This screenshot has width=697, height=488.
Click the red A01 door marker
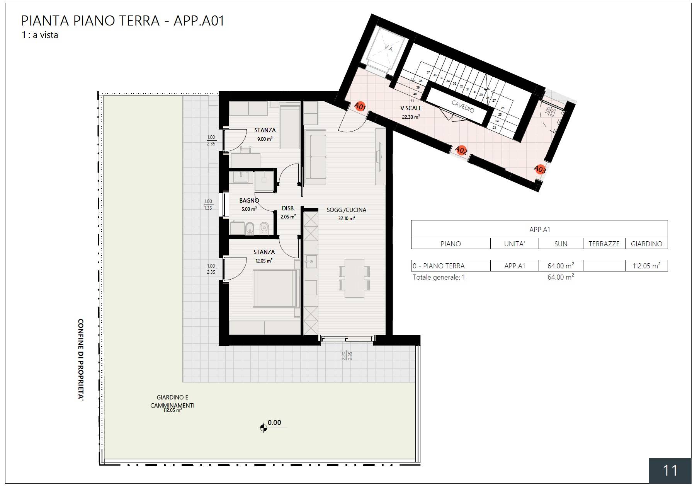click(x=360, y=106)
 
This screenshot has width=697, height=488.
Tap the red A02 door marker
click(x=461, y=150)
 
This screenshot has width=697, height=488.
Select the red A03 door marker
click(x=540, y=169)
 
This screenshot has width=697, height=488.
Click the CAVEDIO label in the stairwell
click(x=462, y=106)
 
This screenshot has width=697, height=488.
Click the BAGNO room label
click(x=249, y=200)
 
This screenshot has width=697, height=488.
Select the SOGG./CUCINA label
click(x=346, y=210)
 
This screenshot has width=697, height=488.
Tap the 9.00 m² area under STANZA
click(x=265, y=139)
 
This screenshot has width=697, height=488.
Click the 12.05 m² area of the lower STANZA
click(x=264, y=261)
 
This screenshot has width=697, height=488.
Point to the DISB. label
click(x=288, y=208)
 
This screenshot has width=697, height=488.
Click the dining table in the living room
click(x=354, y=278)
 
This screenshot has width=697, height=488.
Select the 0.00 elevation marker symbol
click(x=263, y=428)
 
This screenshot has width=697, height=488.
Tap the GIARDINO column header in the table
click(x=646, y=244)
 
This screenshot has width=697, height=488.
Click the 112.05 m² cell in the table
click(x=646, y=266)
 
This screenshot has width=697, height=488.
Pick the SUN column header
click(x=561, y=244)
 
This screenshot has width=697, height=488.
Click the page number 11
click(x=670, y=471)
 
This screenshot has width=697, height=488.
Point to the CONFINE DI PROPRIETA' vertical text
click(x=81, y=359)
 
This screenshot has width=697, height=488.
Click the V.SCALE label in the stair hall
click(x=411, y=108)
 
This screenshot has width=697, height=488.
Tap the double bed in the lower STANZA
click(x=275, y=288)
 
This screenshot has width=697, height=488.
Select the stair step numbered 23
click(x=494, y=128)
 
